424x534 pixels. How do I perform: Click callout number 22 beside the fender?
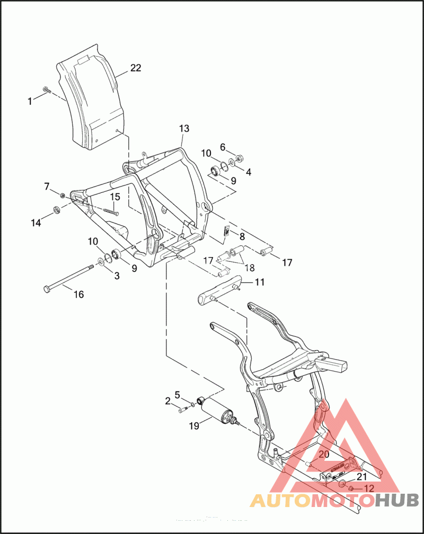136,68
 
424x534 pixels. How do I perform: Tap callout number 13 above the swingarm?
184,129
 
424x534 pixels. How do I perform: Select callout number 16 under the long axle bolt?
78,295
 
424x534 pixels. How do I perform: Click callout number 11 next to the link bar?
259,282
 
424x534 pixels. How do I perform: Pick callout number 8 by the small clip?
242,236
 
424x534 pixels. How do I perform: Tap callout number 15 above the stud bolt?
115,197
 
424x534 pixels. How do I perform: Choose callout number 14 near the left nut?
36,223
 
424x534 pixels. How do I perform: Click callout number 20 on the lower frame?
323,454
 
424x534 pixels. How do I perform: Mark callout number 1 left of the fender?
30,101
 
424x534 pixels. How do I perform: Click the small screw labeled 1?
46,90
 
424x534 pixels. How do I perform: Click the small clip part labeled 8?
225,232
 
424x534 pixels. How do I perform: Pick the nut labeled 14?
56,213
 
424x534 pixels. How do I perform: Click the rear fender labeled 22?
90,101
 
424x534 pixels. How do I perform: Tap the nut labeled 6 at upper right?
240,157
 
